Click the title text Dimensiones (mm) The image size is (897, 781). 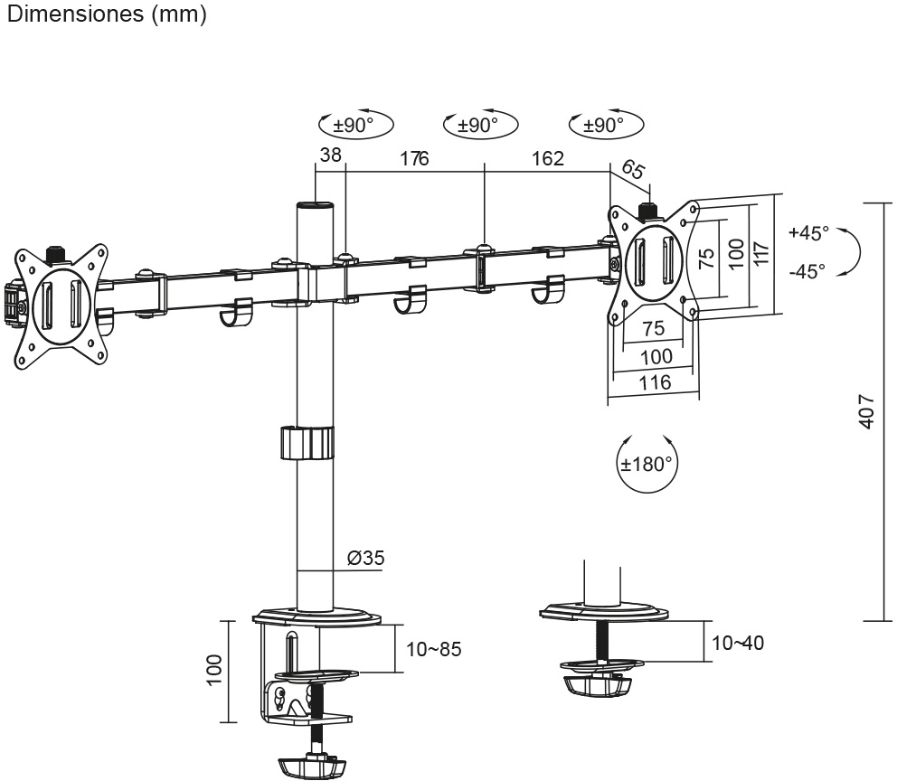click(x=106, y=15)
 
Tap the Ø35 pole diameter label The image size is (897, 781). click(x=365, y=558)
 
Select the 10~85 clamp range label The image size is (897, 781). click(x=434, y=649)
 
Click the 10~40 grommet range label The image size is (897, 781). click(x=738, y=643)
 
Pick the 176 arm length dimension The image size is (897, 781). click(x=413, y=158)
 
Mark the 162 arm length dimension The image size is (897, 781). click(x=547, y=158)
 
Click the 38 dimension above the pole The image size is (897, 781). click(x=331, y=155)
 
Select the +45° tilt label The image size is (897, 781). click(x=807, y=232)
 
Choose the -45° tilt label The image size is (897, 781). click(x=807, y=270)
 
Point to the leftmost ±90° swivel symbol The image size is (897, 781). click(x=358, y=126)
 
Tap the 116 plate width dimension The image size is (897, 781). click(x=655, y=382)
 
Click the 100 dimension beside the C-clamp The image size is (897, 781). click(x=213, y=670)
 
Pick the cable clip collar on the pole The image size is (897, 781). click(x=307, y=443)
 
